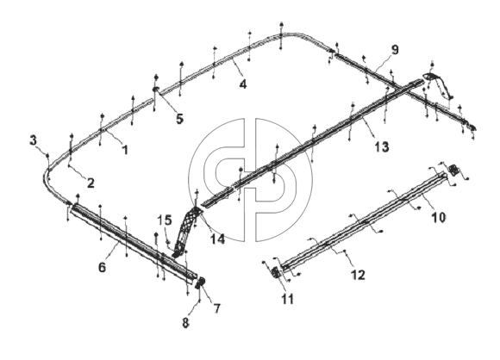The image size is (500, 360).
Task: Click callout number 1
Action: [x=125, y=149]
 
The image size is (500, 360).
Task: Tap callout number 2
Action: [x=91, y=183]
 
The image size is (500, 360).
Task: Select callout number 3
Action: [x=34, y=140]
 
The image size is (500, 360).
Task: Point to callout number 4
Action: [x=242, y=84]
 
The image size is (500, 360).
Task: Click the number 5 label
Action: [x=180, y=119]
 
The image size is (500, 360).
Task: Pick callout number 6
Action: [x=102, y=267]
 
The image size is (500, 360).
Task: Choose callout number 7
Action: [x=217, y=308]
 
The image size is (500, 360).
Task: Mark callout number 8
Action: [x=185, y=323]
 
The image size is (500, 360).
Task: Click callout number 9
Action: [x=395, y=50]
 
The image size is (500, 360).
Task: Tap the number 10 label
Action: [x=439, y=218]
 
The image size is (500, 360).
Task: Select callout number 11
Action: [x=287, y=299]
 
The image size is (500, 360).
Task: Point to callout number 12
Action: [x=358, y=275]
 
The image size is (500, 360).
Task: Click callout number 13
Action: [x=382, y=147]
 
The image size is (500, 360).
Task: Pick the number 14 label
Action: [x=217, y=239]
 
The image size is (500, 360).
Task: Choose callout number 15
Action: [x=165, y=220]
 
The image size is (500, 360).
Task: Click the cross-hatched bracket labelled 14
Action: [x=186, y=231]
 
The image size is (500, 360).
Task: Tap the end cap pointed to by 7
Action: [x=200, y=282]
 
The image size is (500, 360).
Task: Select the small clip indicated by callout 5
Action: [x=156, y=90]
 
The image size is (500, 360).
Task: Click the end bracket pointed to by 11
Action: [x=276, y=273]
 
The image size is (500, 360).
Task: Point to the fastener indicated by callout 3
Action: [x=47, y=155]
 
